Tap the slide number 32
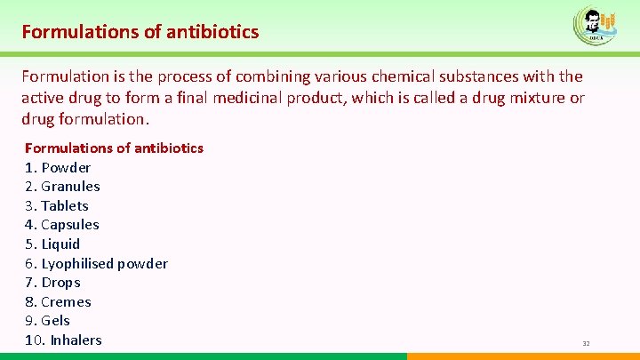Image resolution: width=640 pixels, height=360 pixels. [586, 343]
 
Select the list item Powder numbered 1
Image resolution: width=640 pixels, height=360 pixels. [58, 167]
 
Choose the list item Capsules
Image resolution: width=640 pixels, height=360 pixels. [62, 225]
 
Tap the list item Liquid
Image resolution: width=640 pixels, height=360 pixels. [52, 244]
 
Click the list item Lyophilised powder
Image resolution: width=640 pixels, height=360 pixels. [96, 263]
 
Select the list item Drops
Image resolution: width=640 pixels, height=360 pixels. [52, 283]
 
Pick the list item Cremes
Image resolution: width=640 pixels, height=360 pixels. [58, 301]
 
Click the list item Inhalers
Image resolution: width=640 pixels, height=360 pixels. [63, 340]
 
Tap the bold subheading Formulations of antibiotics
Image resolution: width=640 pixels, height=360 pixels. [114, 148]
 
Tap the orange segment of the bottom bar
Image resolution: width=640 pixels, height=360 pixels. [524, 356]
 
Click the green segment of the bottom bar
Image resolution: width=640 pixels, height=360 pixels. [204, 356]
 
